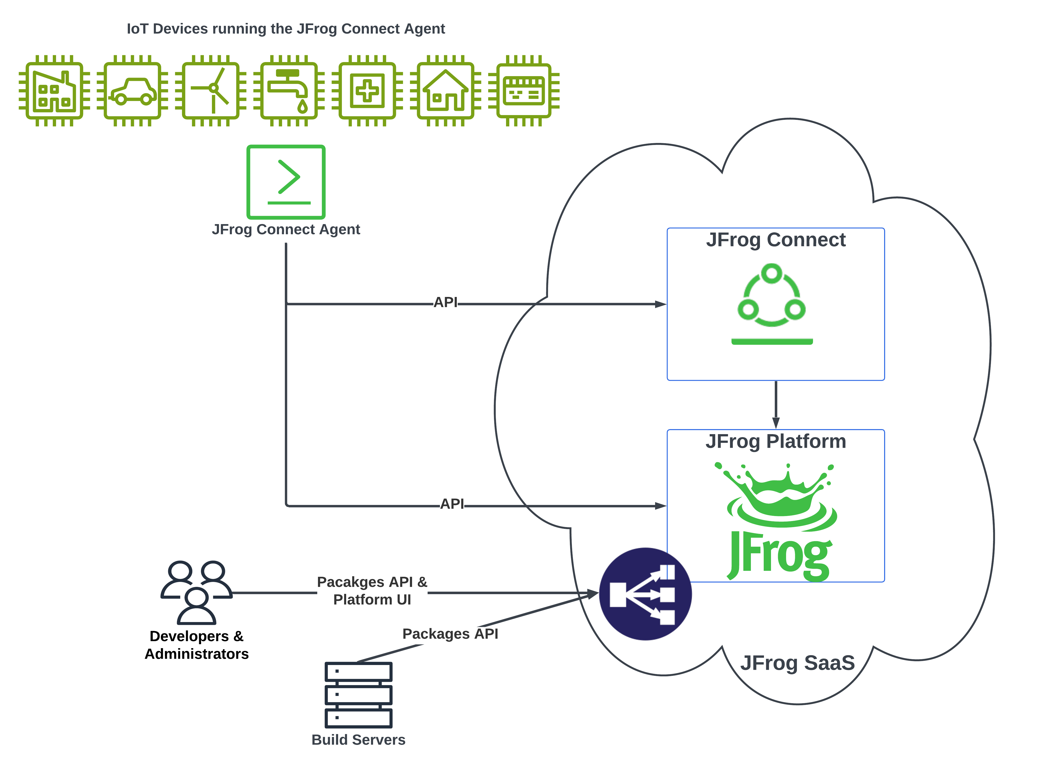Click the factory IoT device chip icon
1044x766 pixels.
pos(54,91)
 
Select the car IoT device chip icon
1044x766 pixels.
pos(132,91)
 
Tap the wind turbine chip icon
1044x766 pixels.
pos(211,91)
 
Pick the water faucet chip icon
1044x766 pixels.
pos(289,91)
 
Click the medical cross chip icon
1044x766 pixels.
pos(367,91)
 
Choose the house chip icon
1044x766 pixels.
pos(445,91)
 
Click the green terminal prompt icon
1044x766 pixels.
pos(286,182)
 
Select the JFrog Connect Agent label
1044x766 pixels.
pos(286,230)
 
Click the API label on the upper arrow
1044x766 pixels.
pos(445,302)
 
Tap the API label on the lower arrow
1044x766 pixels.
pos(452,504)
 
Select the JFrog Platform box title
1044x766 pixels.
pos(775,441)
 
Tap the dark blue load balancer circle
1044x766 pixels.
pos(645,594)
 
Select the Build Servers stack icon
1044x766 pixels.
pos(358,695)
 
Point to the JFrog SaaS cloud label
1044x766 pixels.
pos(797,663)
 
